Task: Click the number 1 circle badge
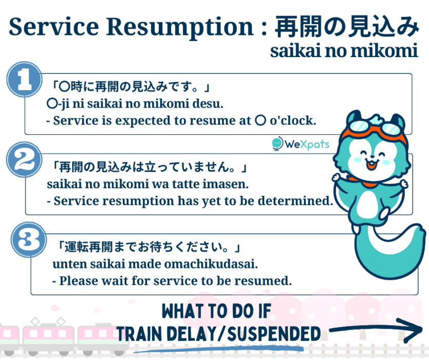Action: click(25, 79)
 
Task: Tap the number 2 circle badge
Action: click(25, 159)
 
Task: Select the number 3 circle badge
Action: click(29, 240)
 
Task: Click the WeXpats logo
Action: click(301, 143)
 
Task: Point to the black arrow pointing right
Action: click(376, 330)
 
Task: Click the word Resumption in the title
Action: click(180, 27)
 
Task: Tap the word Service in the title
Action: click(53, 26)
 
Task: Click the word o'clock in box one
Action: click(293, 120)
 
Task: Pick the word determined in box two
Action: click(295, 201)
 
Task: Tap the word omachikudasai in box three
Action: click(211, 264)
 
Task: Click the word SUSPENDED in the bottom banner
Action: click(274, 333)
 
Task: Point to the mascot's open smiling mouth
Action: click(371, 165)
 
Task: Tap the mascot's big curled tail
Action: click(388, 252)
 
